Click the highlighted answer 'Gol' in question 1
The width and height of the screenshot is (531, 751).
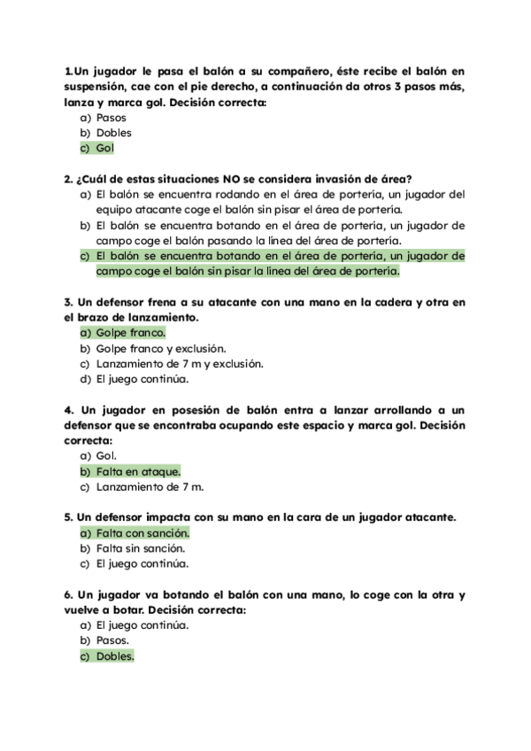click(105, 149)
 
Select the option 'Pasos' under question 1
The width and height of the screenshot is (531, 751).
click(111, 117)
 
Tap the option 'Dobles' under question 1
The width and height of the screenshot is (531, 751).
click(113, 133)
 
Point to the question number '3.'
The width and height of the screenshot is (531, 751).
click(69, 301)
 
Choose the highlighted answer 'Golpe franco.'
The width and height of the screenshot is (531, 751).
click(130, 333)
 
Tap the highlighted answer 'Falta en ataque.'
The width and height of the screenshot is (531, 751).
click(137, 471)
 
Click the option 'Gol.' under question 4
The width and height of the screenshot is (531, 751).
click(106, 455)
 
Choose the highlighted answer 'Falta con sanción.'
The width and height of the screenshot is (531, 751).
click(142, 532)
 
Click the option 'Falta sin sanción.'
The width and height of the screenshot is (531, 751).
click(141, 548)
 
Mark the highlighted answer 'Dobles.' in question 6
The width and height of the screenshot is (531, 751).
click(115, 656)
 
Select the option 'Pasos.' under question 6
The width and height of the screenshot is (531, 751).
click(112, 640)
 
